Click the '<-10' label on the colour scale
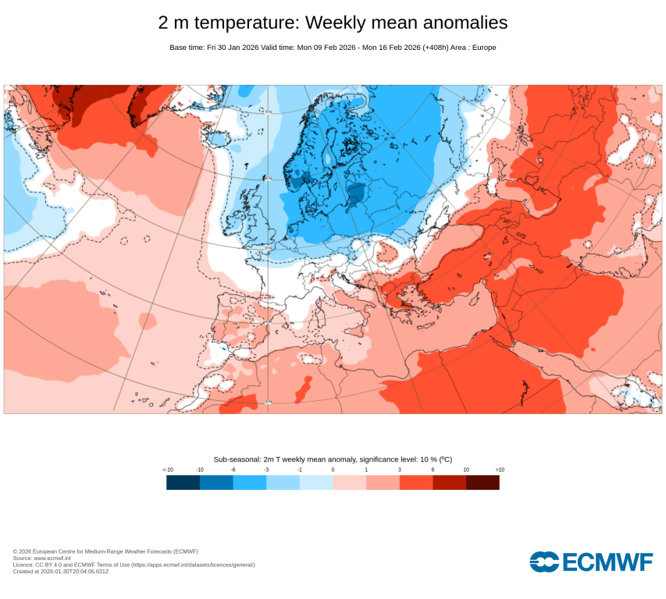(167, 470)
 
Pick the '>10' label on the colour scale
(500, 470)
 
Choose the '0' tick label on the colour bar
(333, 470)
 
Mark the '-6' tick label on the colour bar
(233, 470)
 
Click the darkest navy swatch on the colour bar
(183, 483)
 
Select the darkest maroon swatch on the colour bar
(483, 483)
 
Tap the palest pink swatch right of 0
(349, 483)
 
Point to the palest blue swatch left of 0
(316, 483)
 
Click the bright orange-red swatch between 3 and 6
(416, 483)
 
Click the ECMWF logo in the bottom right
(591, 562)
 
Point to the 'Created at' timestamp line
(61, 572)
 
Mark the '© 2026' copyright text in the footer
(22, 551)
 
